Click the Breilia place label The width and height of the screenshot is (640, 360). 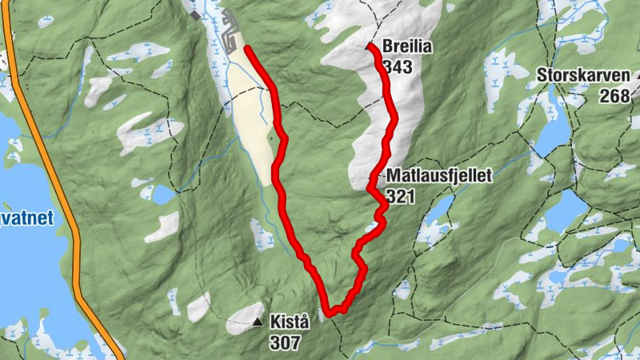click(x=407, y=47)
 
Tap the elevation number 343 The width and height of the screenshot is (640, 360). click(x=398, y=66)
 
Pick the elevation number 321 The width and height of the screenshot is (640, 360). click(x=401, y=195)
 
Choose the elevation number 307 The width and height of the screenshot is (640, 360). click(x=286, y=343)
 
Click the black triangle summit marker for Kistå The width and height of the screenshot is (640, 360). click(x=257, y=322)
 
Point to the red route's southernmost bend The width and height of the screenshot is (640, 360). click(x=329, y=313)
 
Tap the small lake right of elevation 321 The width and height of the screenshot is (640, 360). click(x=439, y=210)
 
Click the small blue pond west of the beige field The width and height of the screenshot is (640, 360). click(x=162, y=194)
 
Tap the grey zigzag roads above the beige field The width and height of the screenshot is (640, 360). click(x=231, y=35)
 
